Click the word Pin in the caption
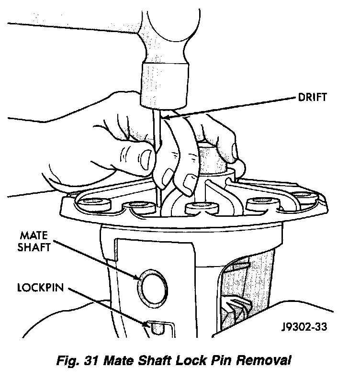click(x=220, y=360)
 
